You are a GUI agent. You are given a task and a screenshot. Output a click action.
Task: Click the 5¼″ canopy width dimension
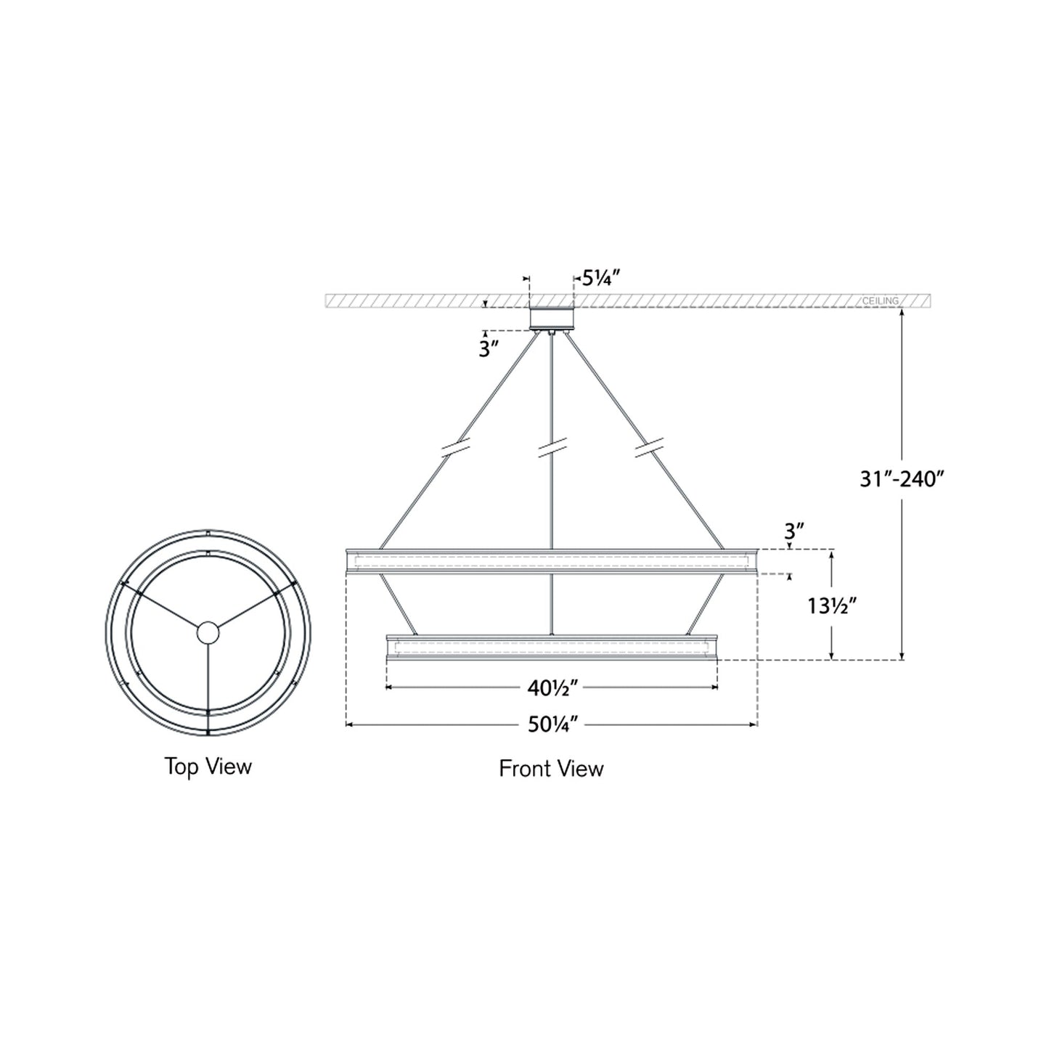click(x=600, y=278)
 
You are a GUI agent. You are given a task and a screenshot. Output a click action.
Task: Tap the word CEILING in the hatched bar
click(x=880, y=301)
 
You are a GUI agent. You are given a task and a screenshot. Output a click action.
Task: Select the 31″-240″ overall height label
click(x=901, y=479)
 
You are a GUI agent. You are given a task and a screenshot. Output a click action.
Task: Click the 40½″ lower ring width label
click(x=552, y=687)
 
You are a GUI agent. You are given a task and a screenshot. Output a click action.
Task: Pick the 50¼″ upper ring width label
click(x=552, y=724)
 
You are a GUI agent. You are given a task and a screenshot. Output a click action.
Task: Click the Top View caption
click(x=208, y=766)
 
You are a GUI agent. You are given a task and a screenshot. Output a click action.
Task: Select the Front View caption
click(x=551, y=768)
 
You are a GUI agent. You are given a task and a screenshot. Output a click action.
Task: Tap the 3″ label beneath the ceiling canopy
click(x=489, y=349)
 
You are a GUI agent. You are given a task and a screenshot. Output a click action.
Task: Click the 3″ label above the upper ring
click(x=793, y=531)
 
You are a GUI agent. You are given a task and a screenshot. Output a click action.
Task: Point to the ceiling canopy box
click(x=552, y=319)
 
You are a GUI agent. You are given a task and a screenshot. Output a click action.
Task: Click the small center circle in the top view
click(x=208, y=633)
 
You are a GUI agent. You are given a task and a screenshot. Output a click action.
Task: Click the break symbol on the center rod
click(x=552, y=449)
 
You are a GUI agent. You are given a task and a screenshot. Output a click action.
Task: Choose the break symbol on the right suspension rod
click(x=648, y=448)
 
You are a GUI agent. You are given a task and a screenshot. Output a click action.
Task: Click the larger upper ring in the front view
click(x=552, y=562)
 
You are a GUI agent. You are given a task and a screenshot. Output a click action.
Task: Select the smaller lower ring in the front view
click(x=552, y=648)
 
